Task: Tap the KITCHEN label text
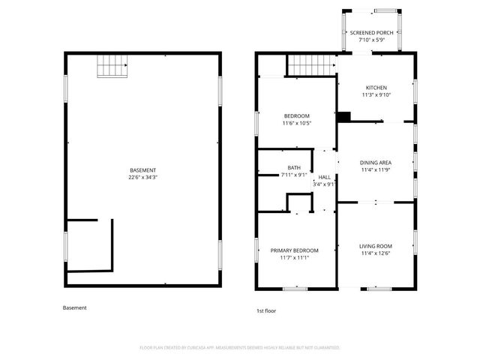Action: tap(376, 87)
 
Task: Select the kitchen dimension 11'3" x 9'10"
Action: tap(376, 94)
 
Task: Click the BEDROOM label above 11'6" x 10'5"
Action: tap(296, 115)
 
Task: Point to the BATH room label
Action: tap(294, 167)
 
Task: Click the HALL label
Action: tap(324, 177)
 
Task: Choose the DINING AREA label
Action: tap(376, 162)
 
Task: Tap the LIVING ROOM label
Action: tap(376, 246)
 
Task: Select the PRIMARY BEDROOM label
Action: tap(295, 250)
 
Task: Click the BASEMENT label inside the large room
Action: tap(142, 171)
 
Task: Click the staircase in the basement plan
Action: tap(112, 67)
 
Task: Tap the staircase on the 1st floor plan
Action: tap(310, 65)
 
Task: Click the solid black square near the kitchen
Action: tap(343, 116)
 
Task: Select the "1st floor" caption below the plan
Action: tap(266, 310)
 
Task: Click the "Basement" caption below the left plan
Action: tap(74, 307)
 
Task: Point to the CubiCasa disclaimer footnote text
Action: tap(240, 348)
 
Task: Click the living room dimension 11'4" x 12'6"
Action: tap(376, 253)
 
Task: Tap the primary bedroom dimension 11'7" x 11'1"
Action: tap(295, 258)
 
